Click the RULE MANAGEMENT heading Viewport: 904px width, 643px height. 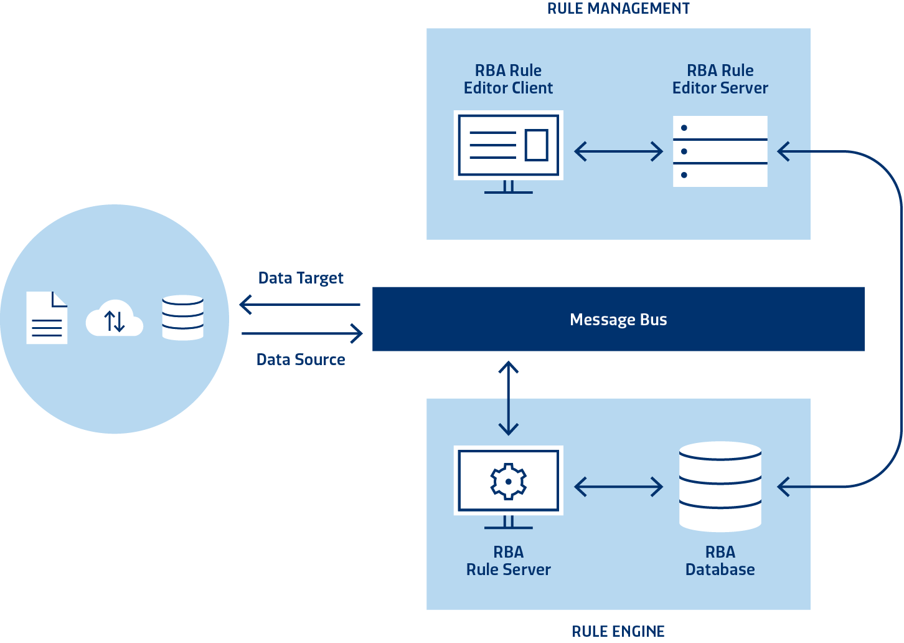[618, 9]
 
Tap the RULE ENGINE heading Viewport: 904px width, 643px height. [618, 631]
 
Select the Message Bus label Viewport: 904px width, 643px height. [618, 320]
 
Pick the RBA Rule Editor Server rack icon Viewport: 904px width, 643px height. [720, 151]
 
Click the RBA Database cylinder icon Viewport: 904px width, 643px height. [720, 487]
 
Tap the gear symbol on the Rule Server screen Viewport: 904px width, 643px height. [509, 481]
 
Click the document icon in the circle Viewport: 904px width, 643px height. [47, 318]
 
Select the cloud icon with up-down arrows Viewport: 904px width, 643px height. [115, 320]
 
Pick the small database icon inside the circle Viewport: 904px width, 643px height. [182, 318]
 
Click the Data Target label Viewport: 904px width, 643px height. [301, 278]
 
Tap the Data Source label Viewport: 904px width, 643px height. [301, 360]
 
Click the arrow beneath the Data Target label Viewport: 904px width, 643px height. [300, 305]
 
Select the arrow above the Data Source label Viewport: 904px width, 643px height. [302, 333]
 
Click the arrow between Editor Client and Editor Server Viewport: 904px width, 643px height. [618, 151]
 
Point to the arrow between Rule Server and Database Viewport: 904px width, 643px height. [618, 487]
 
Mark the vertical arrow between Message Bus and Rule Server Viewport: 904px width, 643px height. [509, 398]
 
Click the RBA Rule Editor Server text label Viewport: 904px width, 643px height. [720, 79]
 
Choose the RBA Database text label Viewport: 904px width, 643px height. [720, 561]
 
